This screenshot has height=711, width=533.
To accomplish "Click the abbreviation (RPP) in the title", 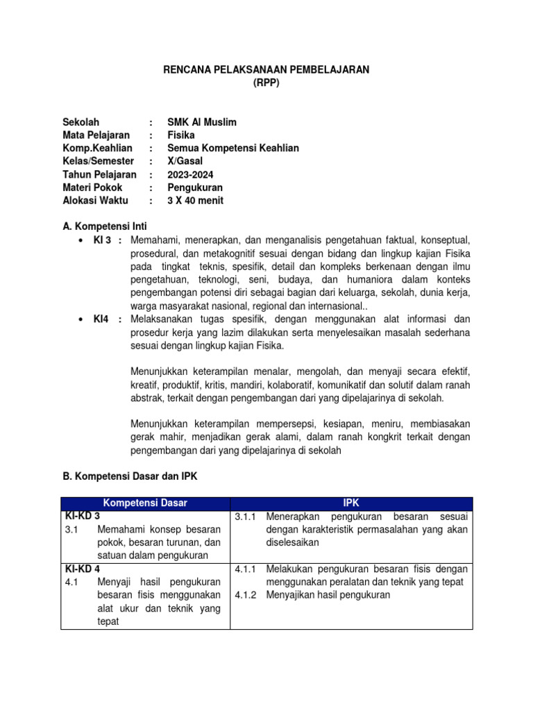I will pos(266,83).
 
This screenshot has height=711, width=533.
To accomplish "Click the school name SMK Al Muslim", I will pos(202,122).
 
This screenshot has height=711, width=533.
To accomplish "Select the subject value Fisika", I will pos(181,135).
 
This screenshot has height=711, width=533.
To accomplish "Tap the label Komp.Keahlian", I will pos(97,149).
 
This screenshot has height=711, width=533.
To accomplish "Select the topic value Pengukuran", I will pos(194,188).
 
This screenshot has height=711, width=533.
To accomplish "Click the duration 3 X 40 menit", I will pos(196,201).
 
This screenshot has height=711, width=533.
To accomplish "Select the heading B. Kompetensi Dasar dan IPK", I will pos(130,477).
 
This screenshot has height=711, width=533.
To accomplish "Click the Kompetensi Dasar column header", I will pos(145,503).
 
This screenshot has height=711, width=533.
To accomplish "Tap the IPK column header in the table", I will pos(351,503).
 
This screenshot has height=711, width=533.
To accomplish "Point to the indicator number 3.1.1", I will pos(246,517).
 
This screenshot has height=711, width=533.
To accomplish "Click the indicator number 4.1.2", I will pos(246,595).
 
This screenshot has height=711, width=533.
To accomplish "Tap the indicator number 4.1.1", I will pos(246,569).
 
